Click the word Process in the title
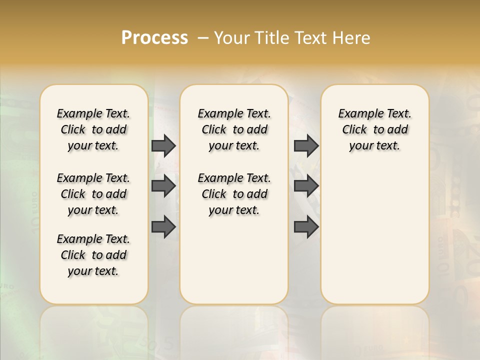point(154,37)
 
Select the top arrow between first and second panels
point(163,145)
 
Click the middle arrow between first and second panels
point(163,186)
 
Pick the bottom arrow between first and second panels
point(163,227)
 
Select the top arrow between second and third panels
point(306,145)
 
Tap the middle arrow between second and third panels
point(306,186)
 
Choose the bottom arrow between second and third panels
point(306,227)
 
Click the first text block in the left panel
point(93,129)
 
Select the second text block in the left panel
point(93,194)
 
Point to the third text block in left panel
point(93,255)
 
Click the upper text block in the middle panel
point(234,129)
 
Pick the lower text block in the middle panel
point(234,194)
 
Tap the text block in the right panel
point(374,129)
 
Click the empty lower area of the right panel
point(374,235)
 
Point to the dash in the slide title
point(203,38)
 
